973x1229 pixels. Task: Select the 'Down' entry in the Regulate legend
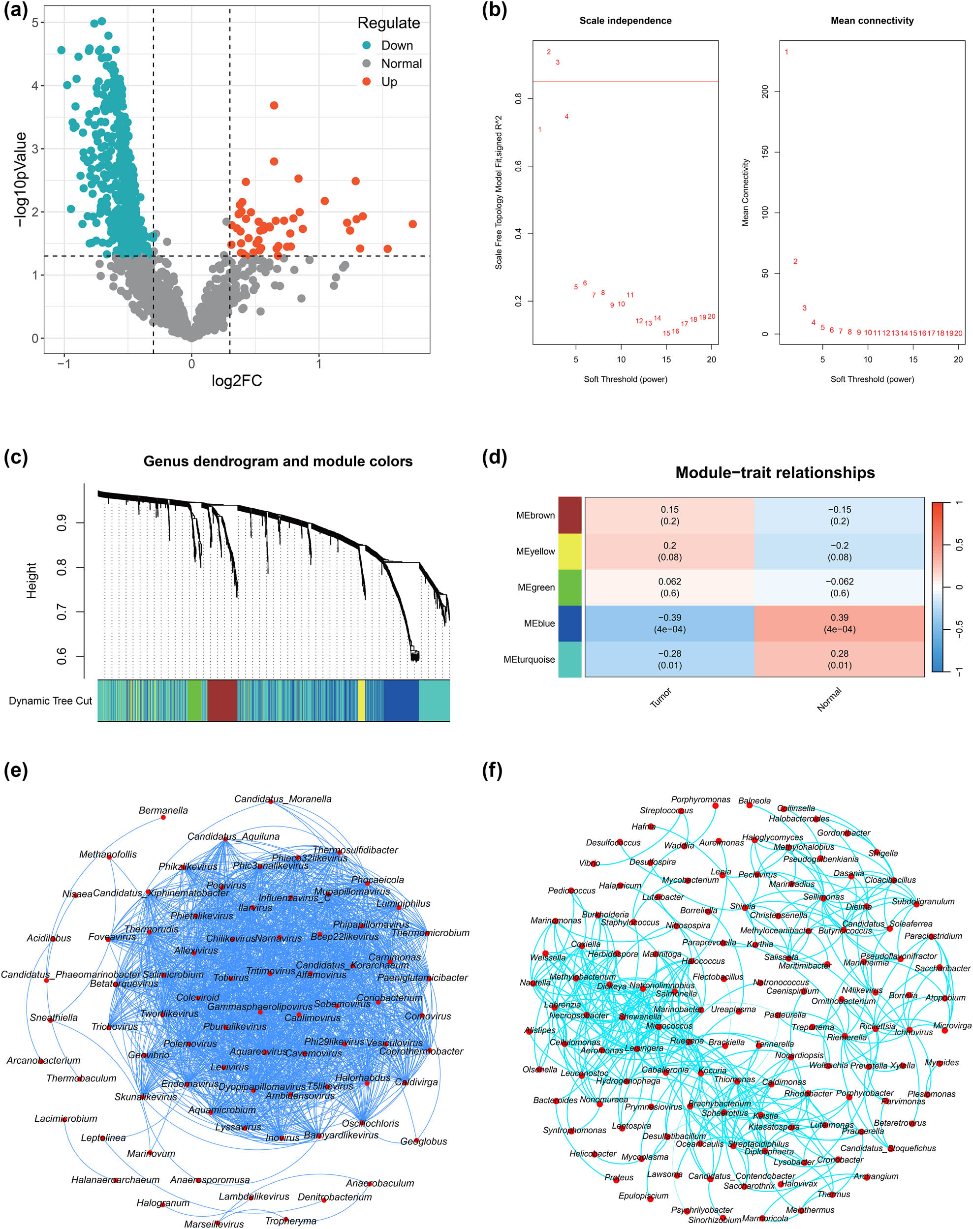397,46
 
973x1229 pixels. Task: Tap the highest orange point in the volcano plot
274,105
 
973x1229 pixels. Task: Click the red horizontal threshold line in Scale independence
625,82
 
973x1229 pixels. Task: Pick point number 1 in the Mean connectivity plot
786,52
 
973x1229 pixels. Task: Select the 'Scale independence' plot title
625,21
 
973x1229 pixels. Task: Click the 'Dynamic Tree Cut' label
50,701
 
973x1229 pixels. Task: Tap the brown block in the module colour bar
222,701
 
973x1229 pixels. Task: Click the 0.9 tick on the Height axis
62,522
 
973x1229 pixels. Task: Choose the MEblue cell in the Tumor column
669,623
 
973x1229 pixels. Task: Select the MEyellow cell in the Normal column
839,552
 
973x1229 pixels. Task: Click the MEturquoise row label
529,659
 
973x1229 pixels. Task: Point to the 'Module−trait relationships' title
775,473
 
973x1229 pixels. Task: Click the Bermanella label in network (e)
163,810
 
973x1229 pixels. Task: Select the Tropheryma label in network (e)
290,1221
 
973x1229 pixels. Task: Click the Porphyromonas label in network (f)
700,799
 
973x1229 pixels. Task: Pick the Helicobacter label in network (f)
593,1154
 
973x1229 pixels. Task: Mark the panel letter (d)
494,458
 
